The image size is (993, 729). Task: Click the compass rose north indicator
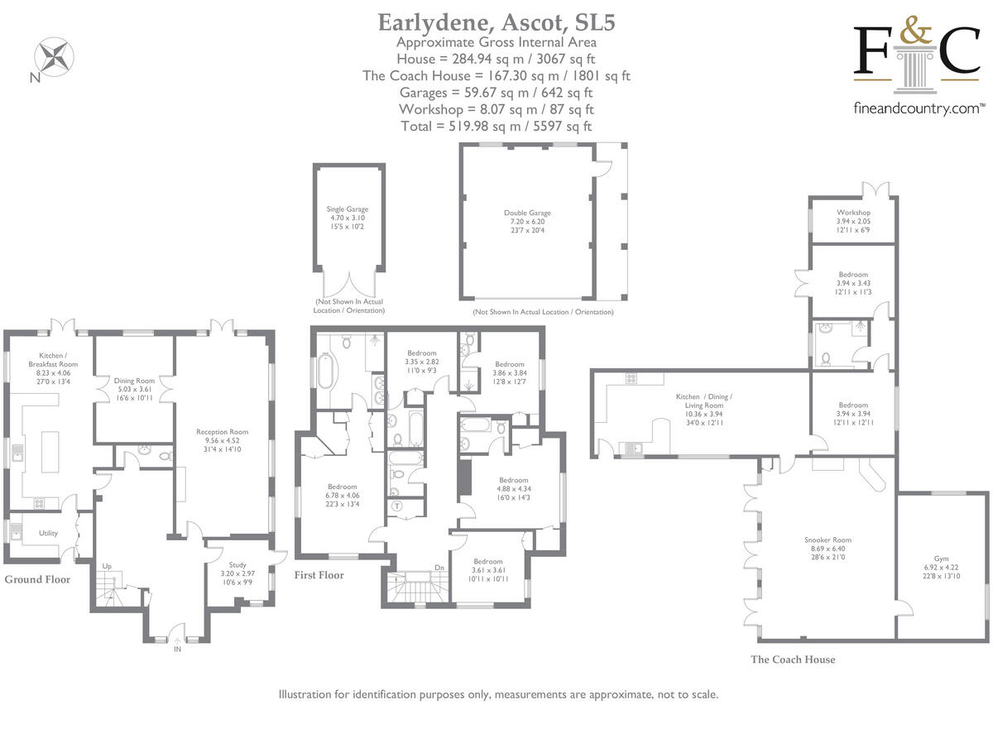(53, 58)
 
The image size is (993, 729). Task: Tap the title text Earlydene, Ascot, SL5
(496, 22)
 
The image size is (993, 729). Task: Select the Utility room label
(48, 533)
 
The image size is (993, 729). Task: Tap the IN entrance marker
(177, 649)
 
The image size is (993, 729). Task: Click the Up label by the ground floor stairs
(107, 566)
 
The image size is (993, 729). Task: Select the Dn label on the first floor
(439, 568)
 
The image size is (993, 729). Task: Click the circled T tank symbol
(397, 506)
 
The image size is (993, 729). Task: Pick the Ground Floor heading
(38, 579)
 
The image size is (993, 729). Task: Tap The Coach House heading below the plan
(793, 659)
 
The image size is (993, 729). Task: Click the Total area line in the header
(496, 127)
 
